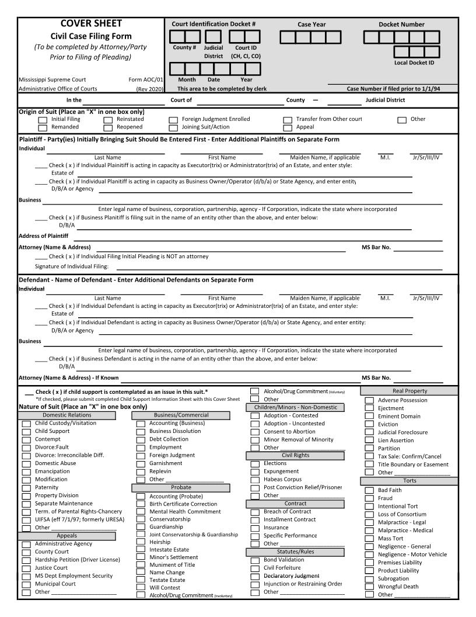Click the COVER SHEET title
91,23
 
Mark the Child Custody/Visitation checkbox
26,424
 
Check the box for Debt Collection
141,439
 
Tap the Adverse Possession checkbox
369,400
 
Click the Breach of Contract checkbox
254,512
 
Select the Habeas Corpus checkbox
254,479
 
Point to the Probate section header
181,487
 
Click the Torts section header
405,480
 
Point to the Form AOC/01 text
146,79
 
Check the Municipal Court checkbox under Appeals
26,584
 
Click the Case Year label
311,25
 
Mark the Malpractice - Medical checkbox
369,531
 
